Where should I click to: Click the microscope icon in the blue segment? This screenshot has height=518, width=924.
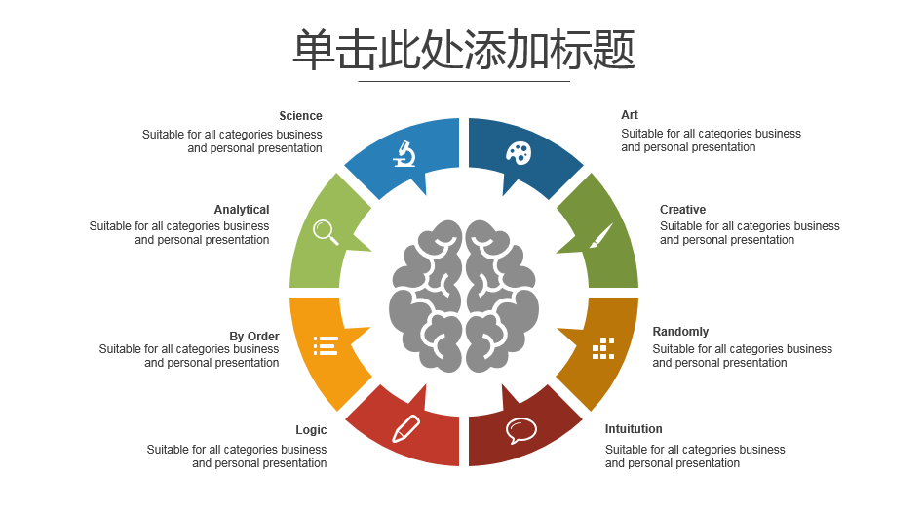[x=404, y=154]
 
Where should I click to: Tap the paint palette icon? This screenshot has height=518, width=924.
[x=519, y=153]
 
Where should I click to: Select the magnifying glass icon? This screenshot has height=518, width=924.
[x=326, y=232]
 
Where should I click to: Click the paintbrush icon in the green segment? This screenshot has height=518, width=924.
[x=601, y=235]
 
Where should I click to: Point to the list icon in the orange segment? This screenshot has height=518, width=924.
[x=326, y=346]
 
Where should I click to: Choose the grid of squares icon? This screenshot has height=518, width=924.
[x=602, y=348]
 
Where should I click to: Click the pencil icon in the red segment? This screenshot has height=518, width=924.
[x=406, y=428]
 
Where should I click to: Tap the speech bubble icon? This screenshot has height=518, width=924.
[x=520, y=430]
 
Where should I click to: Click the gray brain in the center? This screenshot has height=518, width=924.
[x=464, y=297]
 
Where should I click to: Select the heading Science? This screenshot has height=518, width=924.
[x=300, y=116]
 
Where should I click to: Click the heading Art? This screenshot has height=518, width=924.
[x=630, y=115]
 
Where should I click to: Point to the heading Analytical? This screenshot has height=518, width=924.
[x=242, y=210]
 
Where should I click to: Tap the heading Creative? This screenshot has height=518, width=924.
[x=682, y=210]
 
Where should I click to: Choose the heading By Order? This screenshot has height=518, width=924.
[x=254, y=337]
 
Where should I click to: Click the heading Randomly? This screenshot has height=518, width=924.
[x=680, y=332]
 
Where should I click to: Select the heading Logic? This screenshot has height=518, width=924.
[x=311, y=430]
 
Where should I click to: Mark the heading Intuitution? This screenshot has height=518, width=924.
[x=634, y=429]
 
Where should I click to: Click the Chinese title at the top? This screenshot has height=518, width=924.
[x=464, y=50]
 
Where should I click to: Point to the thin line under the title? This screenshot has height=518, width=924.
[x=464, y=81]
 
